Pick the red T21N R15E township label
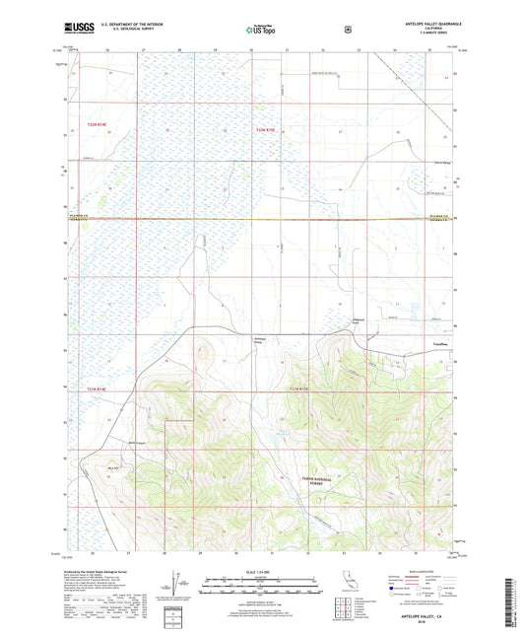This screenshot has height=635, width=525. pyautogui.click(x=298, y=389)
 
